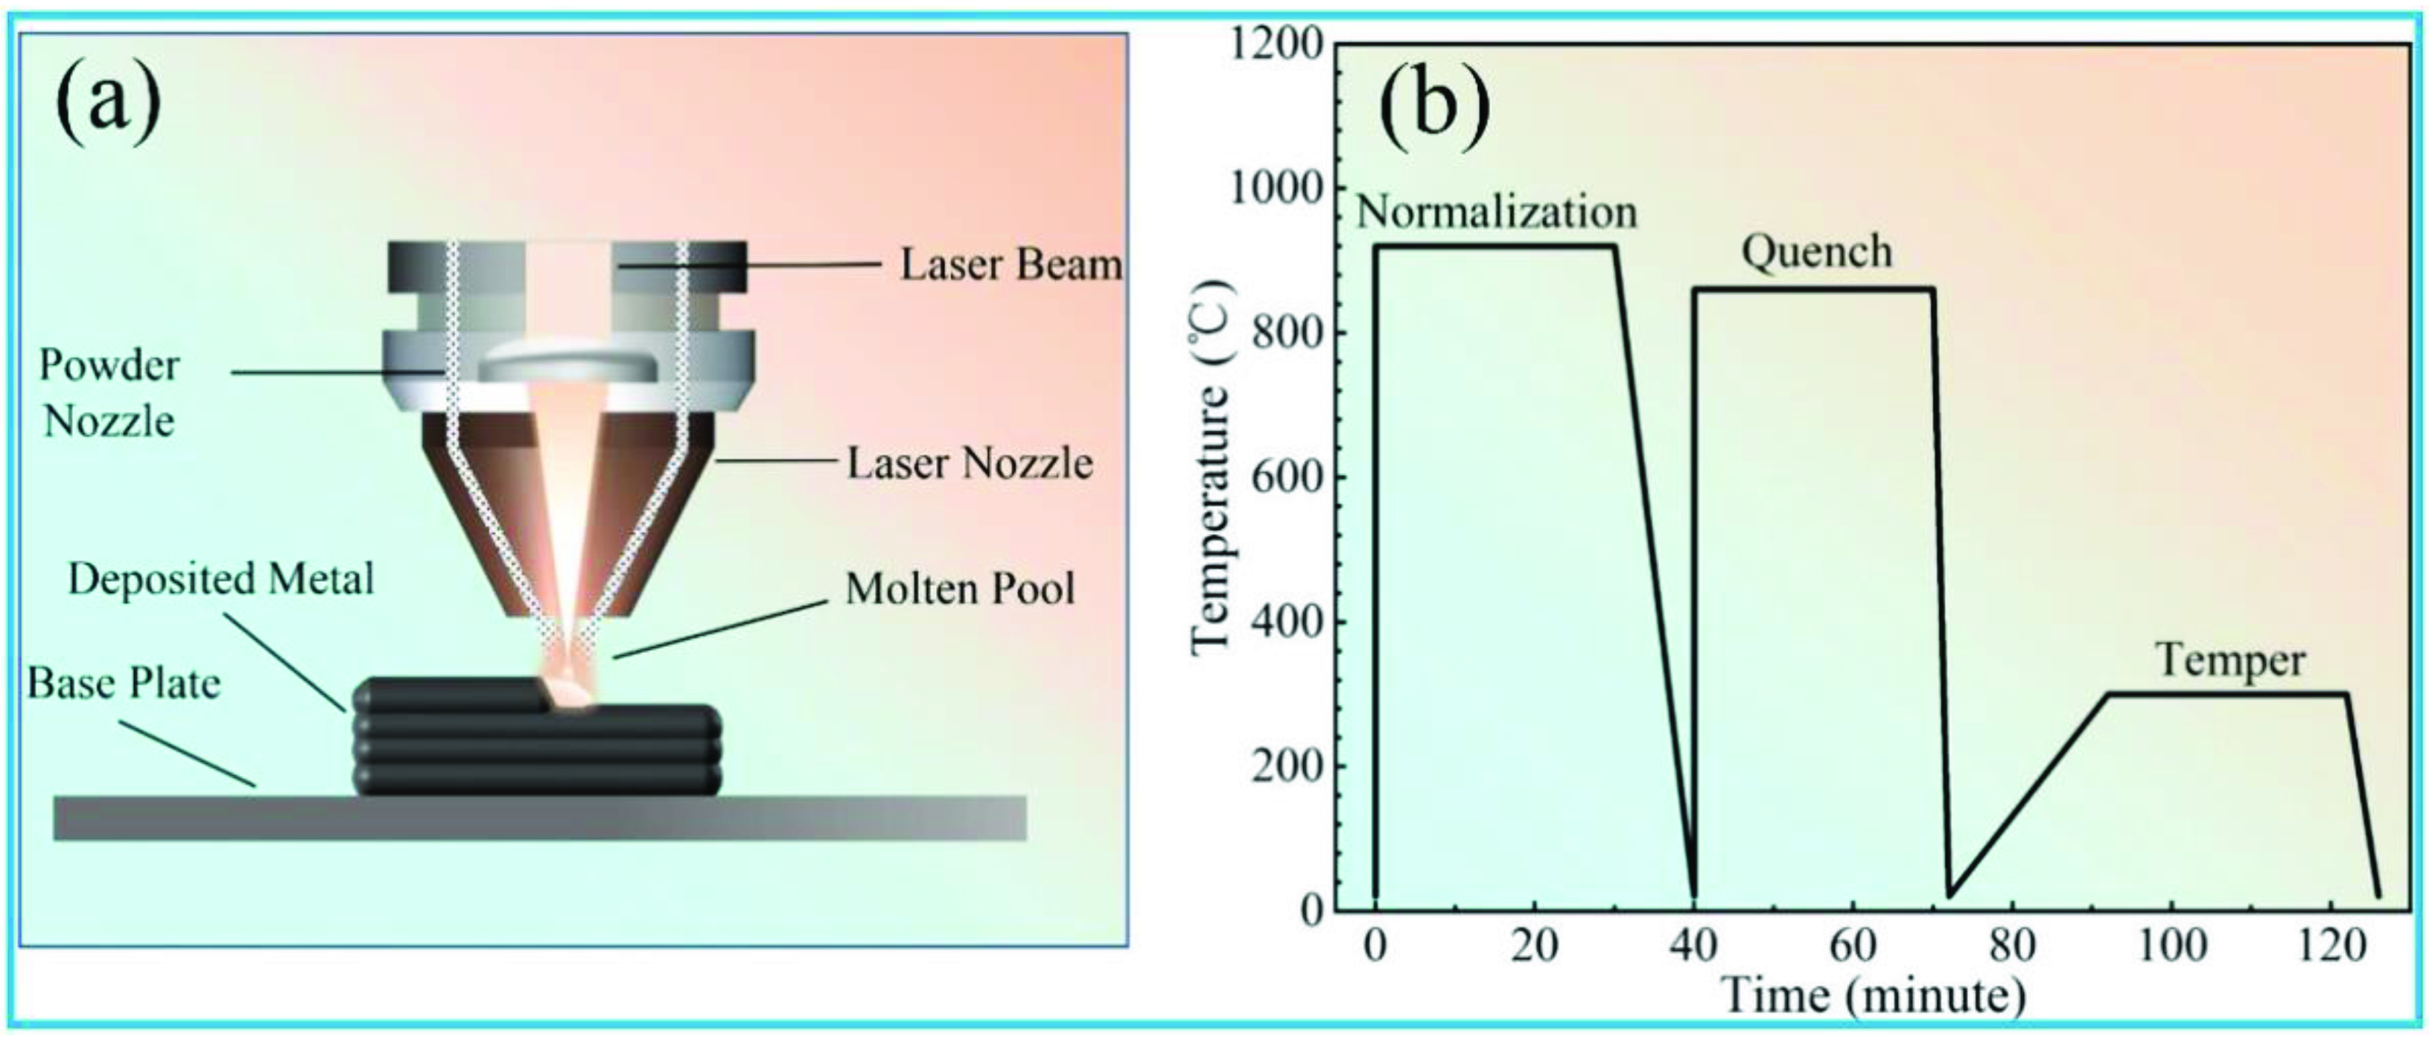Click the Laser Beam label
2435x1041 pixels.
[1010, 265]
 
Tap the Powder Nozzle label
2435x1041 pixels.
[109, 392]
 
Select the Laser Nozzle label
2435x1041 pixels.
[969, 463]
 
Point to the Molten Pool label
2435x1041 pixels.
[959, 588]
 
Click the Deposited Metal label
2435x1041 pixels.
[221, 579]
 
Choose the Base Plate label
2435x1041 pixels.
[124, 683]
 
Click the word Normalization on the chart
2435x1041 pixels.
[1496, 211]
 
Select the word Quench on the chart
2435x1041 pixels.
[1816, 252]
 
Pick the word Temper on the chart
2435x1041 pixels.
[2230, 661]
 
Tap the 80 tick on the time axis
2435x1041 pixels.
[2011, 946]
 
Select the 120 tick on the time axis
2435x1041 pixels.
[2330, 946]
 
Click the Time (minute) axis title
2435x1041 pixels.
[1871, 995]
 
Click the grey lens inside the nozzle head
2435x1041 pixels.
[568, 364]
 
